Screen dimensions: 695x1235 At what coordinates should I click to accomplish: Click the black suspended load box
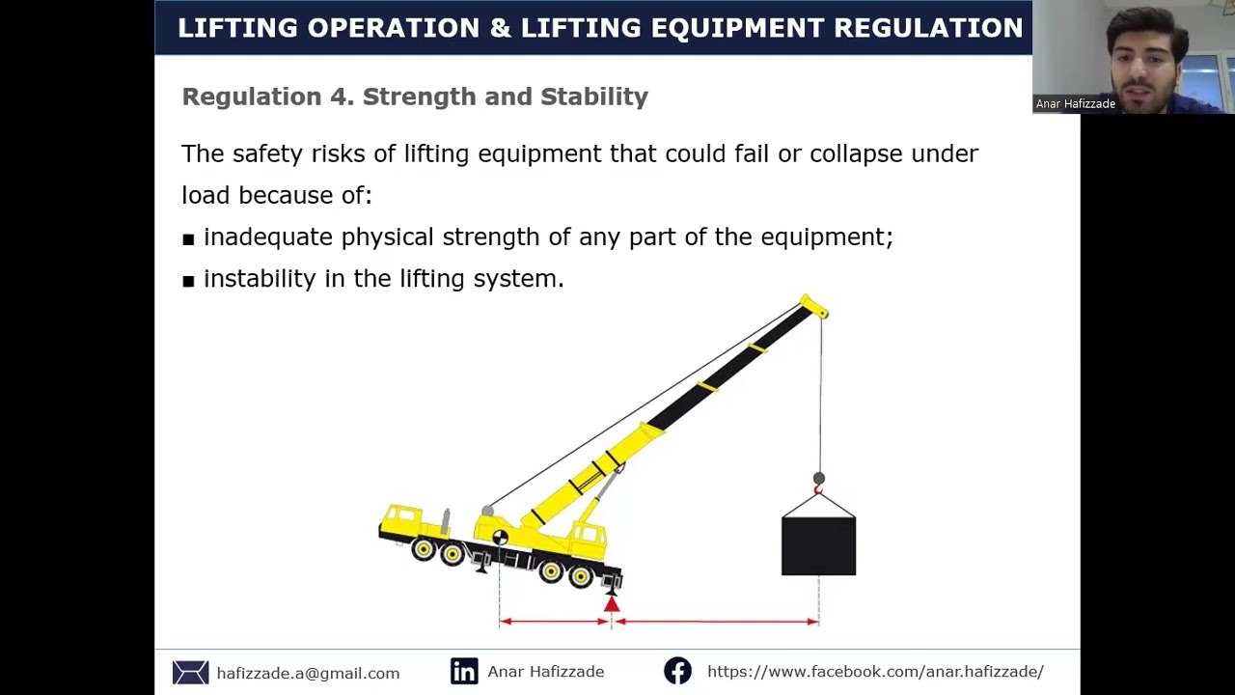(818, 545)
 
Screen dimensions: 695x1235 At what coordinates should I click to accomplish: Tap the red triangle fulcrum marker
(611, 604)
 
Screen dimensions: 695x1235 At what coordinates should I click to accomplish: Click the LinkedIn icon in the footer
(464, 672)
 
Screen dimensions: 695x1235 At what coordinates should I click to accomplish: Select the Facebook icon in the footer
(677, 672)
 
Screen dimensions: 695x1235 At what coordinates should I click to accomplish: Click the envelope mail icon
(190, 673)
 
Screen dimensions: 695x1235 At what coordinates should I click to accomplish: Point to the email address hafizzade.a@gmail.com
(308, 674)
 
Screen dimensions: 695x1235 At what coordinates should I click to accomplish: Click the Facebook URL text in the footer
(875, 672)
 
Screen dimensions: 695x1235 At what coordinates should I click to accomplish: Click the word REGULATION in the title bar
(927, 28)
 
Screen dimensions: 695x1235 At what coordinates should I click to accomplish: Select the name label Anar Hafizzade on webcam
(1075, 104)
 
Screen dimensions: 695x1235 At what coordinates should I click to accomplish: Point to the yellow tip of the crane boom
(814, 307)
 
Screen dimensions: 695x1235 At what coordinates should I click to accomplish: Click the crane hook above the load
(818, 488)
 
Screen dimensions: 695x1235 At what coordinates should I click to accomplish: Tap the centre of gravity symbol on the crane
(500, 538)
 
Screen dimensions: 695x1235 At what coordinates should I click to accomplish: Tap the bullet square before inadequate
(188, 239)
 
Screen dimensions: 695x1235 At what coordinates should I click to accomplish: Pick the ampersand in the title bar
(500, 28)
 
